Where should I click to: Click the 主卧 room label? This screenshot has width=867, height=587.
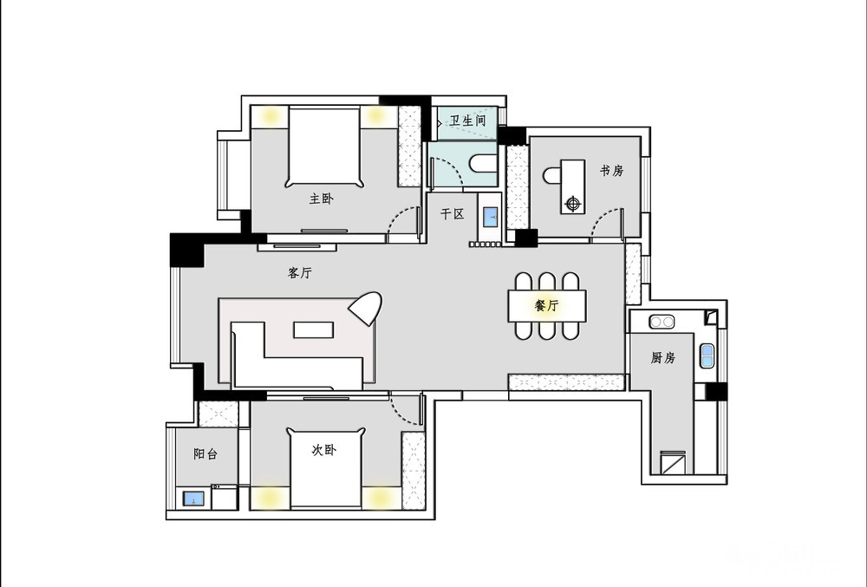tap(322, 199)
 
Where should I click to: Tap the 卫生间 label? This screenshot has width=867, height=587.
tap(468, 121)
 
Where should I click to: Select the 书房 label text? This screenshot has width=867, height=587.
tap(612, 170)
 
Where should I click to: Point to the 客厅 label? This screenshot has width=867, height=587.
tap(300, 272)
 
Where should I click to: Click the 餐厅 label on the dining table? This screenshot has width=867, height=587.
tap(547, 305)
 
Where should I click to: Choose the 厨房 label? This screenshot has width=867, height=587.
tap(663, 357)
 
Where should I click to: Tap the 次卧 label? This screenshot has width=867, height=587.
tap(324, 450)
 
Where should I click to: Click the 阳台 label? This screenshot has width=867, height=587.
tap(205, 453)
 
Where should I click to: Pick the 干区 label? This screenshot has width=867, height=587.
tap(453, 214)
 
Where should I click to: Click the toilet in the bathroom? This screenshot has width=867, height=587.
tap(483, 164)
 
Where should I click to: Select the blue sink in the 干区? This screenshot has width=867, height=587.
tap(491, 217)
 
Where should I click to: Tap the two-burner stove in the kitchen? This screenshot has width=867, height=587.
tap(662, 321)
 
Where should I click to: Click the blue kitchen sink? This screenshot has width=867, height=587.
tap(707, 356)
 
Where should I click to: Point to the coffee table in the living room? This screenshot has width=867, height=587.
tap(314, 330)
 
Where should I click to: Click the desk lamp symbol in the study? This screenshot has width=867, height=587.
tap(573, 204)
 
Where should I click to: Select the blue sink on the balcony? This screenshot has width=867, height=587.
tap(193, 499)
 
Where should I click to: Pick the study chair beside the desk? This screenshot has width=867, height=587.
tap(551, 176)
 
